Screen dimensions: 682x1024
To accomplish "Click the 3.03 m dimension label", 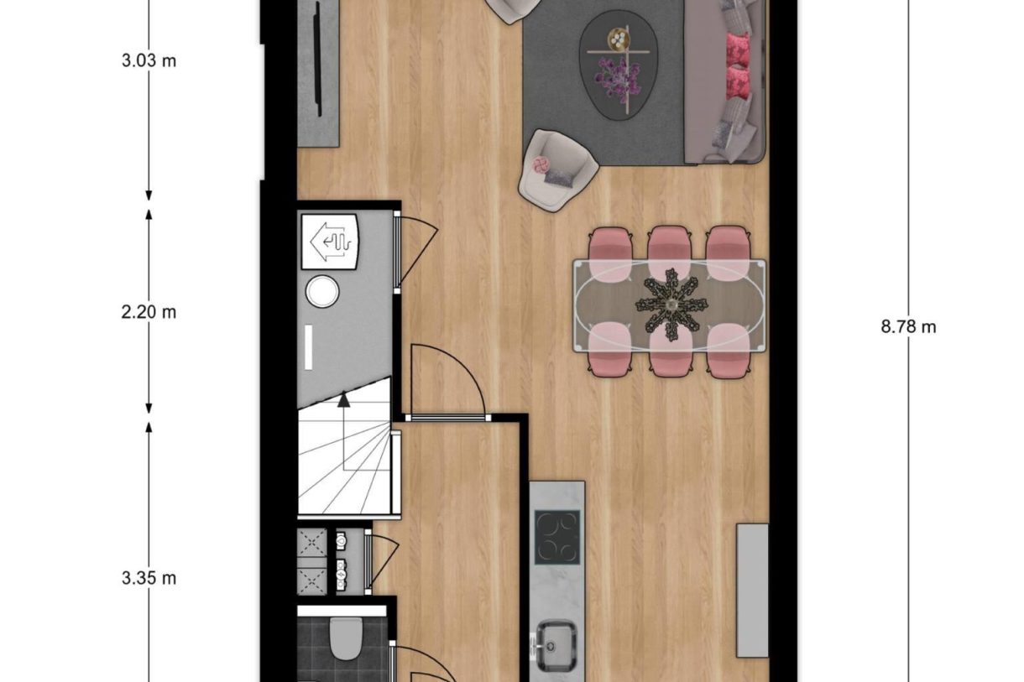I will click(x=149, y=61).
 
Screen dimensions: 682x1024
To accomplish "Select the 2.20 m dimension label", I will click(x=149, y=312).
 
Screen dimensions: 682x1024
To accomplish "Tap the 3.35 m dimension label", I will click(x=149, y=578).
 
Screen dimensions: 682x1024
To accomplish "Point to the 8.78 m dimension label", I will click(x=908, y=327).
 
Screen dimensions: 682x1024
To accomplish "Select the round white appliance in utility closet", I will click(x=321, y=292).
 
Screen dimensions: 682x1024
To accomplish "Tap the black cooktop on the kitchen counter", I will click(x=557, y=537).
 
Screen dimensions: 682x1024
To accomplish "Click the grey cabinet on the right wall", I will click(x=752, y=590).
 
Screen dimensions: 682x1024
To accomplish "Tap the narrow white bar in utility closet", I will click(x=308, y=347).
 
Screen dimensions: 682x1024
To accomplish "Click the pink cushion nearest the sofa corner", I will click(x=738, y=82).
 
